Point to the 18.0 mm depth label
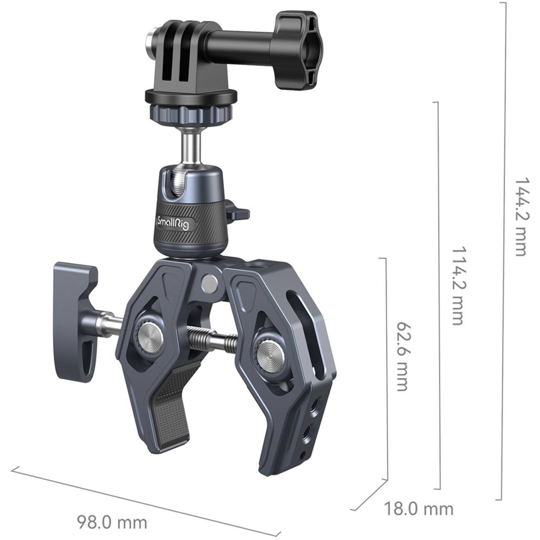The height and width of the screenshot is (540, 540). pyautogui.click(x=418, y=509)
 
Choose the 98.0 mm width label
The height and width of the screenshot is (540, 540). pyautogui.click(x=112, y=522)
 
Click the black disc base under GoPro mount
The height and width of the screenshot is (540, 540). pyautogui.click(x=191, y=96)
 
